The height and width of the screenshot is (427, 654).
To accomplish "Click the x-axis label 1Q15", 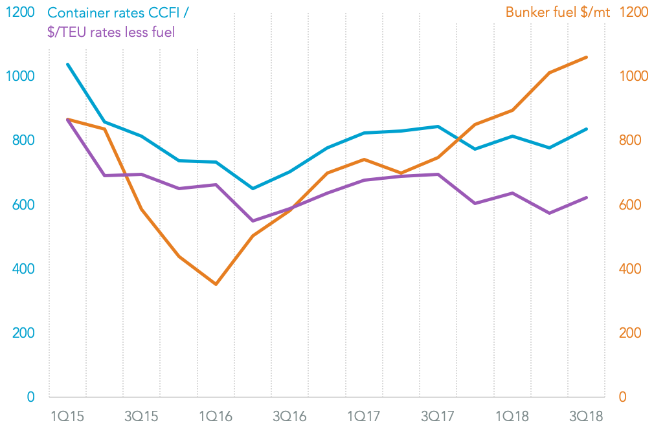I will (67, 415).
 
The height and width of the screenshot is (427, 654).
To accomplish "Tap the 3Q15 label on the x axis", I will (141, 415).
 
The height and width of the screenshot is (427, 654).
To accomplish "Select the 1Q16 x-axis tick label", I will (215, 415).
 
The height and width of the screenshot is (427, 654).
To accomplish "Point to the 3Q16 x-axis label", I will (289, 415).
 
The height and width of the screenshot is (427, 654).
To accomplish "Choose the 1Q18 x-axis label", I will (512, 415).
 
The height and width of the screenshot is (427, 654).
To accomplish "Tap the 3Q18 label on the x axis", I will (585, 415).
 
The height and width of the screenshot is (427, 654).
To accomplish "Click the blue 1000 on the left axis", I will (20, 76).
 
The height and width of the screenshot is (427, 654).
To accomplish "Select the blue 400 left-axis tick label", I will (23, 268).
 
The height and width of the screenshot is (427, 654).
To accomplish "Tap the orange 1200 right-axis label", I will (635, 12).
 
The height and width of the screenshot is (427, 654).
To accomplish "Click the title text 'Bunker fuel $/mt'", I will (558, 12).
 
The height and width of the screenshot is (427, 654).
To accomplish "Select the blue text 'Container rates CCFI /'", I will (121, 12).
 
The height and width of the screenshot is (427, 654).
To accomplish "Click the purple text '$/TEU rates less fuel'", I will (111, 31).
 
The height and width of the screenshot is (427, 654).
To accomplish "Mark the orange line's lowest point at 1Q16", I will (216, 284).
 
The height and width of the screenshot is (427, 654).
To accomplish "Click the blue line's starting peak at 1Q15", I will (67, 64).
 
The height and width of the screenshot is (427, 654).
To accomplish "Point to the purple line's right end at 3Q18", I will (587, 197).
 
